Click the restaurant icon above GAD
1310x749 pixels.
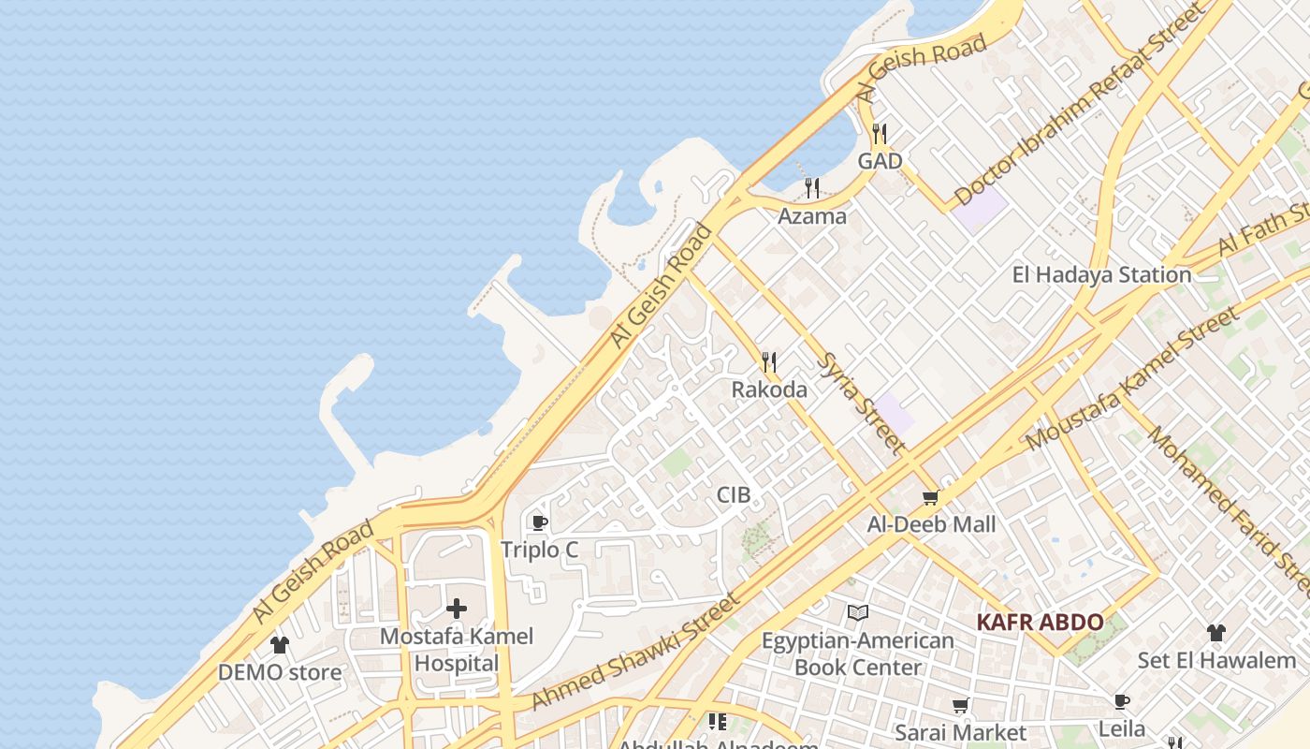879,134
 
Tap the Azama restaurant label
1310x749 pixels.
812,216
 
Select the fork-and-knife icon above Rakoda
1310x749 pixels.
769,362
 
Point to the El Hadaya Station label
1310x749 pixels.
1101,274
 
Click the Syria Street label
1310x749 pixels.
860,403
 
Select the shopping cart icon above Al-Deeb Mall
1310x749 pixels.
930,498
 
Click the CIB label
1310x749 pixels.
734,494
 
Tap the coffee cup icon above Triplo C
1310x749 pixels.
539,522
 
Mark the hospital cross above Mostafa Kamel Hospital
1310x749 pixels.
457,609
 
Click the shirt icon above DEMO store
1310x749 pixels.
280,644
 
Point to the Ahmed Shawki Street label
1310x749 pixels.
636,652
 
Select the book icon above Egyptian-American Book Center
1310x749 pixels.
857,613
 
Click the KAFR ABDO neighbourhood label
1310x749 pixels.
1040,622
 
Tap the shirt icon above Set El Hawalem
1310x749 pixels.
1215,633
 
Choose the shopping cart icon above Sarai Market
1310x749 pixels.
960,705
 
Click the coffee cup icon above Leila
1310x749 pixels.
1121,701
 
